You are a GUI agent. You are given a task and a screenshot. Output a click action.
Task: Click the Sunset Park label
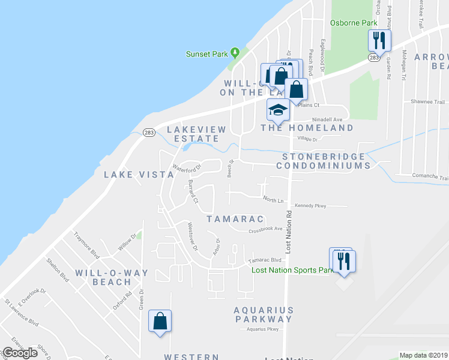click(207, 54)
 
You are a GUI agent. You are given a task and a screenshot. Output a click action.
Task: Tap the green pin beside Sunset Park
click(236, 53)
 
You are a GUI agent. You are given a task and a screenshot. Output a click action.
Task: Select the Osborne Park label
click(354, 23)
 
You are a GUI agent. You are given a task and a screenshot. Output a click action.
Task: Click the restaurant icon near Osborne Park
click(379, 41)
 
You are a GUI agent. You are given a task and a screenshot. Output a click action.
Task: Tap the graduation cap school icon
click(278, 110)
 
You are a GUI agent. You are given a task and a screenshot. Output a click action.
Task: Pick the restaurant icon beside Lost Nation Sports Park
click(344, 262)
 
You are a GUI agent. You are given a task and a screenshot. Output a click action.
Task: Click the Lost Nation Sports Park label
click(292, 271)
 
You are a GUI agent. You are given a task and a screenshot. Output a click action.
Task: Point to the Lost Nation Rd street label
click(289, 232)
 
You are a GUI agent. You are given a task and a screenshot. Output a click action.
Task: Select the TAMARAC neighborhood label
click(228, 219)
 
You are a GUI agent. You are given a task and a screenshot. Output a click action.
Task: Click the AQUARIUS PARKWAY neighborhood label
click(264, 315)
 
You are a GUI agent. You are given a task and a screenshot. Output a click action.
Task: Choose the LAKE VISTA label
click(139, 175)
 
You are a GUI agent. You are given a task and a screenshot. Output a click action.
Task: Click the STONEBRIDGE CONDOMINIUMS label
click(324, 161)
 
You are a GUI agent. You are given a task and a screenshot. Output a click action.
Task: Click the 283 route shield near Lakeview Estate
click(149, 132)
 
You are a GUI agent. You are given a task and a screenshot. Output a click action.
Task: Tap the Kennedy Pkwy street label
click(315, 206)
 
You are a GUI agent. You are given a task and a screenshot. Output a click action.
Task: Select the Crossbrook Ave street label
click(265, 229)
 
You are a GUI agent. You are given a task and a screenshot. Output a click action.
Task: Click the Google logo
click(20, 353)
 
